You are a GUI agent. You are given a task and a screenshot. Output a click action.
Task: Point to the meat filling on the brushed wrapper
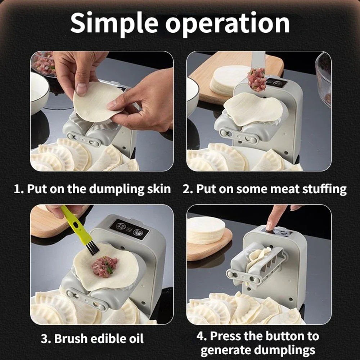pyautogui.click(x=104, y=266)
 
